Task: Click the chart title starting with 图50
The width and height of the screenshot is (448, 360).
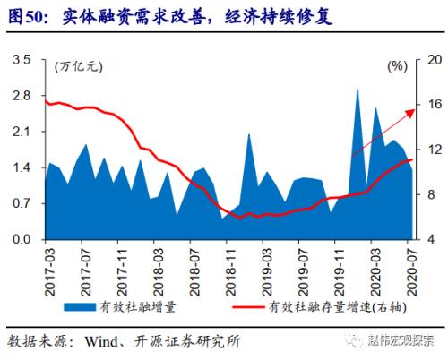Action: tap(170, 16)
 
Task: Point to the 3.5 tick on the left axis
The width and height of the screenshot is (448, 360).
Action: tap(22, 59)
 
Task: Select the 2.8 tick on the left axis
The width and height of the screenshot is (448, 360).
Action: tap(22, 95)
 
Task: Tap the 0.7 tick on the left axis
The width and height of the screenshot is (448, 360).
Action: tap(22, 204)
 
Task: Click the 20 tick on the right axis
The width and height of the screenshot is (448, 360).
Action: tap(433, 59)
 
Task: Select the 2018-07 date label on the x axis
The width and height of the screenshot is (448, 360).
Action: tap(194, 266)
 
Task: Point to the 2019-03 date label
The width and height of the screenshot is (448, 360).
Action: tap(267, 266)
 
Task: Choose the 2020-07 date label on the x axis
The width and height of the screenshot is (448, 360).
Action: tap(413, 266)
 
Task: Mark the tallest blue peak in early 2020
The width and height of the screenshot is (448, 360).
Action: tap(358, 90)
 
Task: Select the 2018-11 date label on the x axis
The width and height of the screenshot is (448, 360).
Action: tap(230, 266)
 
